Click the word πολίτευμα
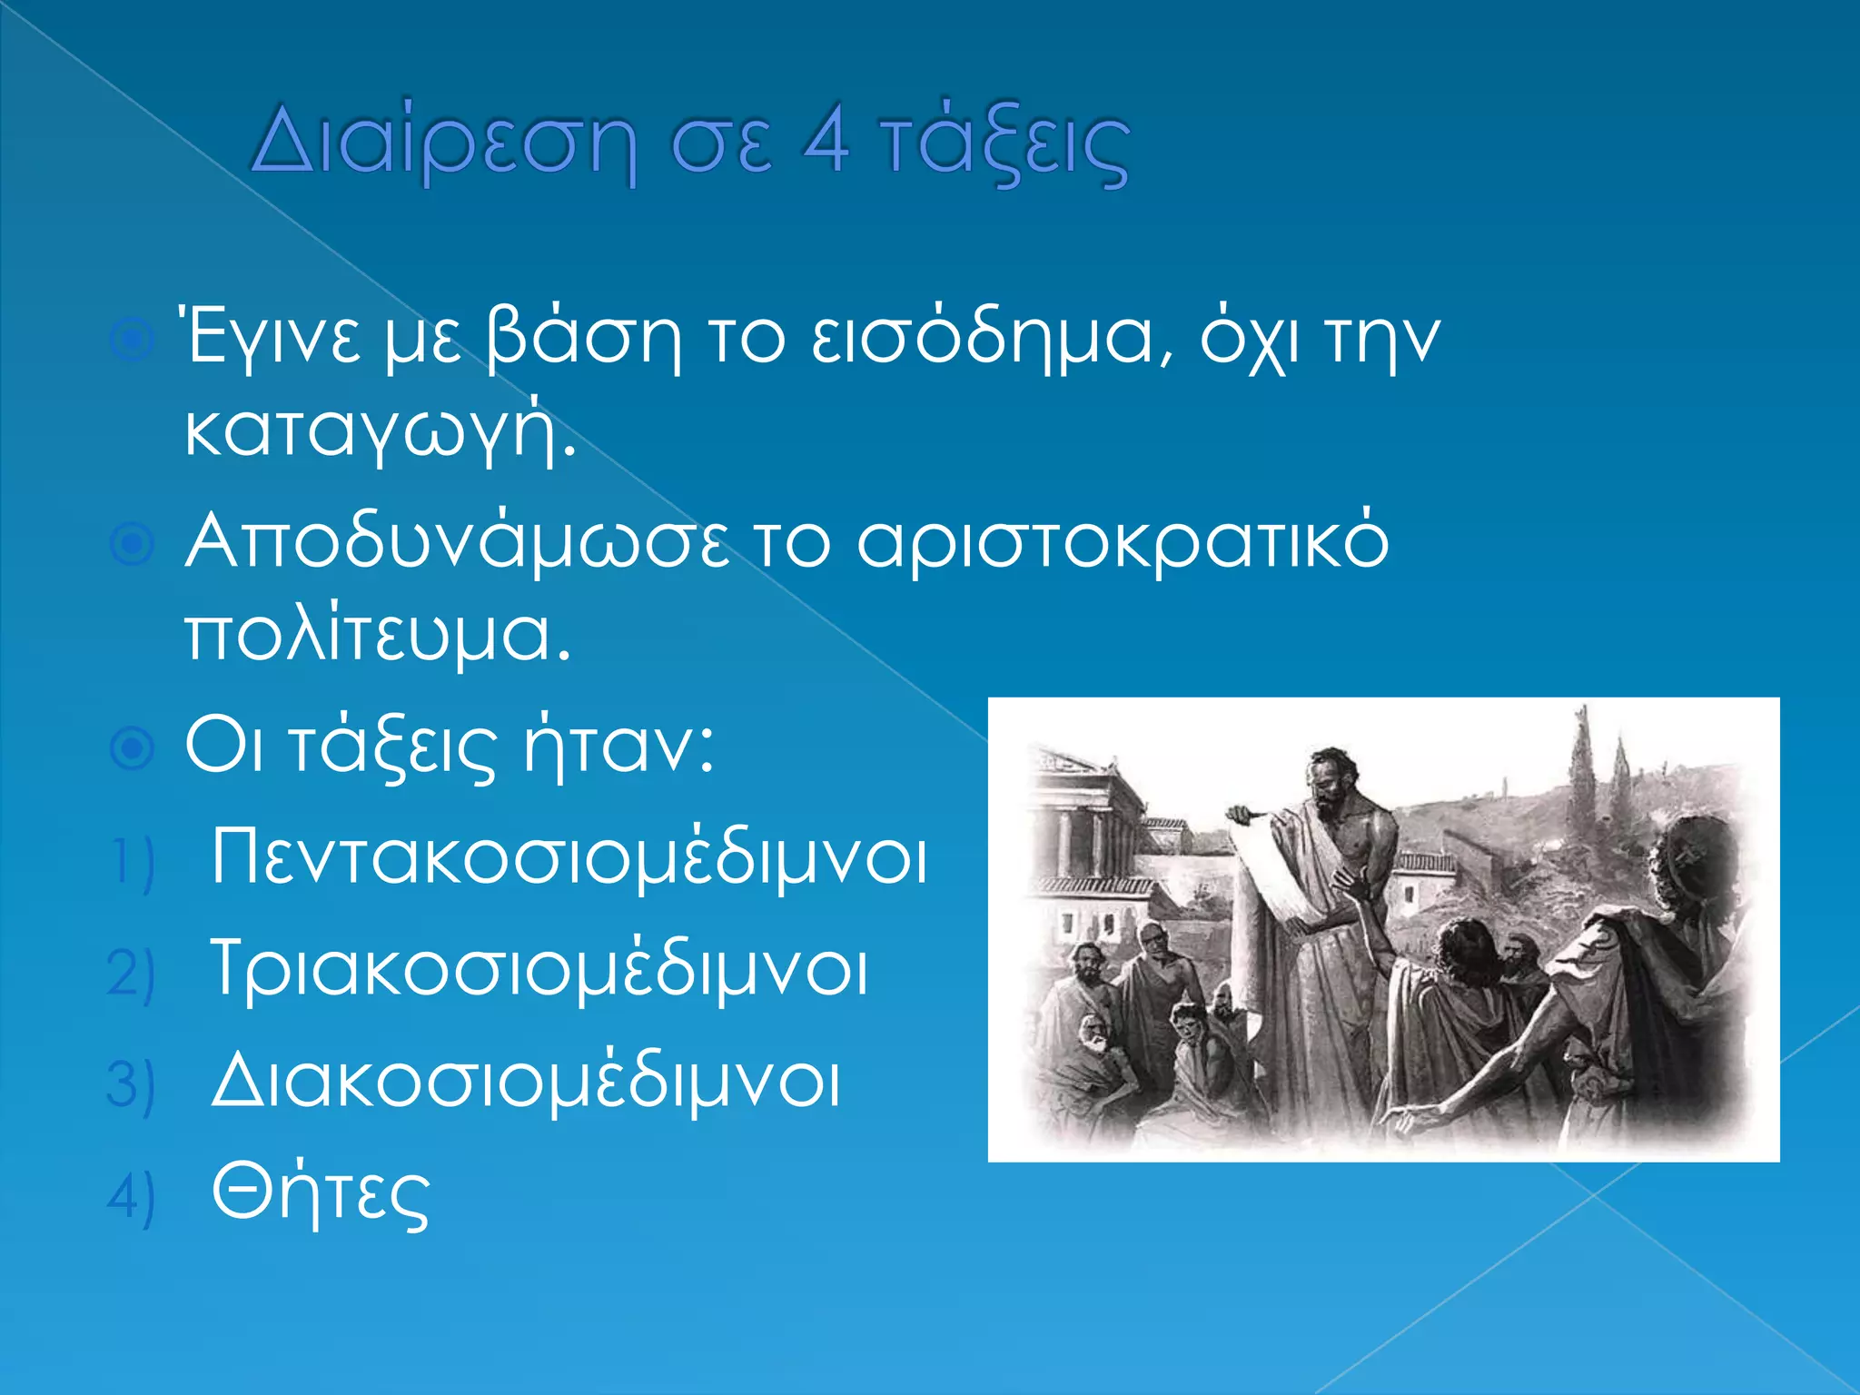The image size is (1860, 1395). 378,636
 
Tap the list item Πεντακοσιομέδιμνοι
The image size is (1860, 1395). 569,859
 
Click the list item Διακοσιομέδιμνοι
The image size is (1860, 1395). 525,1083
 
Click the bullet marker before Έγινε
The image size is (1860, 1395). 133,341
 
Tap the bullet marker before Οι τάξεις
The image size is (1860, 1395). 133,749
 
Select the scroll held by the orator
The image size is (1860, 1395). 1267,872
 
